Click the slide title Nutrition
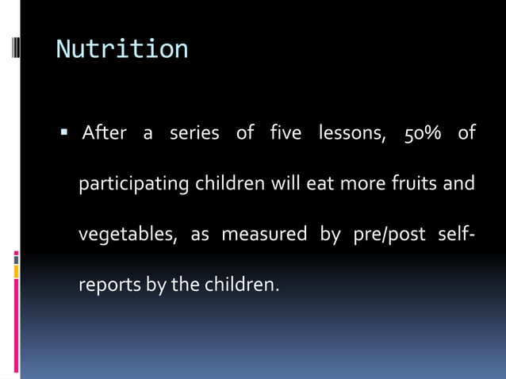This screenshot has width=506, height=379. [122, 49]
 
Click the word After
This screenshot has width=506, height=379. [104, 132]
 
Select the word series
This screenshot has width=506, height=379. [194, 132]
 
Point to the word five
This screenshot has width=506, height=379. [285, 132]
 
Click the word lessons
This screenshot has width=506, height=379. [352, 132]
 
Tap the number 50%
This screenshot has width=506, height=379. [424, 132]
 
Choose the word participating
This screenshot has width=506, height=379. [133, 184]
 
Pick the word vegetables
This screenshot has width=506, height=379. [126, 235]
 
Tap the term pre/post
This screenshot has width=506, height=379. [384, 235]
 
